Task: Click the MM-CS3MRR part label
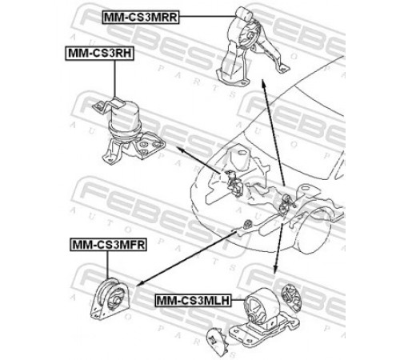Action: click(x=140, y=18)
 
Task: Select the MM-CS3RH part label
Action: click(x=99, y=54)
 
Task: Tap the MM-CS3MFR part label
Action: click(x=109, y=244)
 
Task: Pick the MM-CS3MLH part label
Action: click(x=193, y=300)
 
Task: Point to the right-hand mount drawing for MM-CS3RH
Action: click(x=128, y=130)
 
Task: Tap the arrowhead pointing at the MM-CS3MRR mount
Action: click(x=263, y=82)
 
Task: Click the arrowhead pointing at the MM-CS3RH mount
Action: click(x=180, y=150)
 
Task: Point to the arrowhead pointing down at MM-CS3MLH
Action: click(x=275, y=270)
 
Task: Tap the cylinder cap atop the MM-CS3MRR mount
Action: click(x=243, y=14)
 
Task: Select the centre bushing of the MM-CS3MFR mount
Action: click(x=115, y=300)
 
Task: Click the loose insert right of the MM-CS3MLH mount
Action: click(x=291, y=298)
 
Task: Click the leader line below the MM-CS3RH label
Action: click(x=115, y=79)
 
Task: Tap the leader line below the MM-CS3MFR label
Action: click(x=107, y=265)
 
